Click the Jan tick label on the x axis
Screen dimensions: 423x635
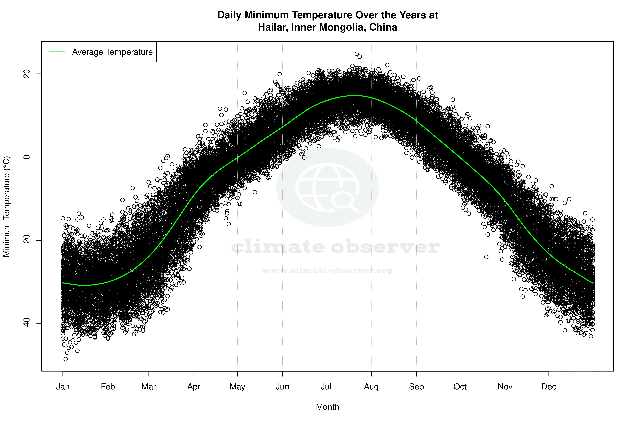point(63,387)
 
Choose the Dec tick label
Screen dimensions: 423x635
point(549,387)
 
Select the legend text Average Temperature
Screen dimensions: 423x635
point(112,52)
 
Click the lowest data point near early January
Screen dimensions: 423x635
point(66,359)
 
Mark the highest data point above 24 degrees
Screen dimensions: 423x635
point(357,54)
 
